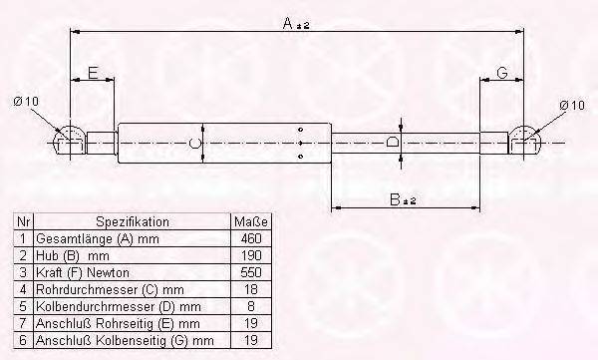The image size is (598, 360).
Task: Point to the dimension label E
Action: pos(92,73)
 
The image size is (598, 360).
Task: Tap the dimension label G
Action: pos(502,72)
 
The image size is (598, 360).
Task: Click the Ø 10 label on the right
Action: pos(571,104)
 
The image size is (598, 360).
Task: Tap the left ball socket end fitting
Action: pos(69,141)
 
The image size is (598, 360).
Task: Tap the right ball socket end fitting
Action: pos(526,141)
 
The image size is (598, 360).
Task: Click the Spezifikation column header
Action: pos(133,221)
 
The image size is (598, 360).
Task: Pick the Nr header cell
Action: pos(23,221)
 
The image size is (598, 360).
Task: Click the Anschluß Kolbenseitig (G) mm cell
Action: pos(125,341)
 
